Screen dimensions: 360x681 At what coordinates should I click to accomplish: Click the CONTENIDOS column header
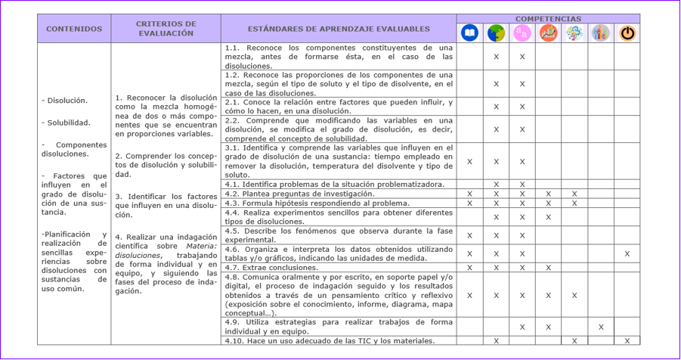coord(74,29)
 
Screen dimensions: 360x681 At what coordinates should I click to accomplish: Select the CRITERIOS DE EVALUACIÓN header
coord(166,29)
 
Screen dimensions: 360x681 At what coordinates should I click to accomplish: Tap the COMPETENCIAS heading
coord(548,18)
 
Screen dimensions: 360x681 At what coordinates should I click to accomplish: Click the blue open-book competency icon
coord(469,33)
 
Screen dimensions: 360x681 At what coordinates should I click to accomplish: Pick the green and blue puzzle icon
coord(496,33)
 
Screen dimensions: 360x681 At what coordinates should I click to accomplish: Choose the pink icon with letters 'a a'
coord(522,33)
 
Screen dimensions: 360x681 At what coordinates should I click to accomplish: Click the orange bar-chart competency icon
coord(548,33)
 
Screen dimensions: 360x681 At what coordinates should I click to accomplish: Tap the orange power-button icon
coord(627,33)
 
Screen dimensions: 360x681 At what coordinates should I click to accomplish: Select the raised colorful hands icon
coord(600,33)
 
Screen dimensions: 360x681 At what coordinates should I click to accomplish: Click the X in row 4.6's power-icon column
coord(627,253)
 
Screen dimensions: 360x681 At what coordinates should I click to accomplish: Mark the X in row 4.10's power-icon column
coord(627,341)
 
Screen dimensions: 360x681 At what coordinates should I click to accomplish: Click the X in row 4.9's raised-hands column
coord(600,327)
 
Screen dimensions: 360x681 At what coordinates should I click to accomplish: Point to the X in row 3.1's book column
coord(469,161)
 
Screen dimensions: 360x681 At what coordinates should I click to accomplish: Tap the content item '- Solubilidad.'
coord(66,122)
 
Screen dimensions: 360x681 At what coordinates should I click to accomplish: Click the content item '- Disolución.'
coord(64,100)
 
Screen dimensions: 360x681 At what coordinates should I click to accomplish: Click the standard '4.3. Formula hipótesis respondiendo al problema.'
coord(317,203)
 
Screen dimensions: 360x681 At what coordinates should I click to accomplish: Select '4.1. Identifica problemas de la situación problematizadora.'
coord(334,184)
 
